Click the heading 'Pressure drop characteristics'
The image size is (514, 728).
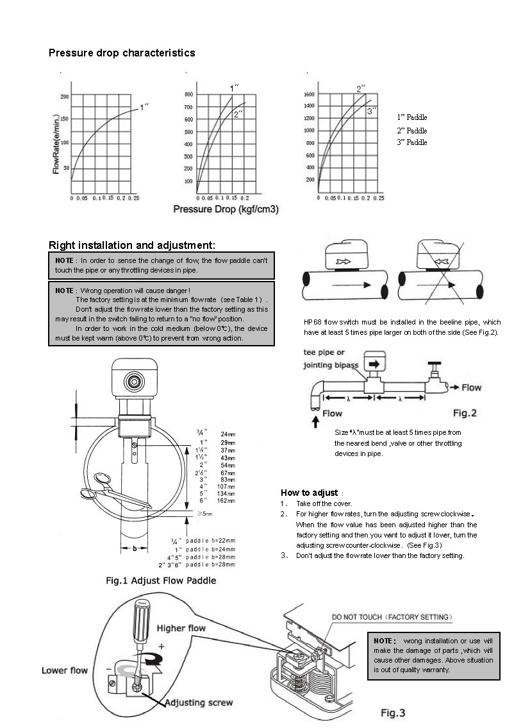tap(122, 53)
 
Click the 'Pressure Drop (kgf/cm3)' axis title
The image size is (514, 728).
tap(226, 209)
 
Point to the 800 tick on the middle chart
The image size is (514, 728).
tap(188, 94)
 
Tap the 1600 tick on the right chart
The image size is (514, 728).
tap(309, 94)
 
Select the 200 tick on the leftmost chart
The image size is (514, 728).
tap(64, 96)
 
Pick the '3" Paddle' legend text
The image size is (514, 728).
tap(411, 142)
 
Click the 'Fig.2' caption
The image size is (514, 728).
tap(465, 413)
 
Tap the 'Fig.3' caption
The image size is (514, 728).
tap(393, 713)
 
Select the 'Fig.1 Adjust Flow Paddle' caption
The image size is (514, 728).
tap(161, 580)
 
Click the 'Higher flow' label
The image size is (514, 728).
tap(181, 628)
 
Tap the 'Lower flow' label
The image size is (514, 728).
tap(65, 670)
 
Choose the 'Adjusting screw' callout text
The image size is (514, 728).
tap(199, 702)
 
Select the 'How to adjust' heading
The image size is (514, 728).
tap(309, 493)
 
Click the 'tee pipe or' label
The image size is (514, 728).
tap(324, 352)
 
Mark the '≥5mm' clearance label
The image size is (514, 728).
tap(204, 514)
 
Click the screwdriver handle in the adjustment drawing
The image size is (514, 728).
tap(142, 618)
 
